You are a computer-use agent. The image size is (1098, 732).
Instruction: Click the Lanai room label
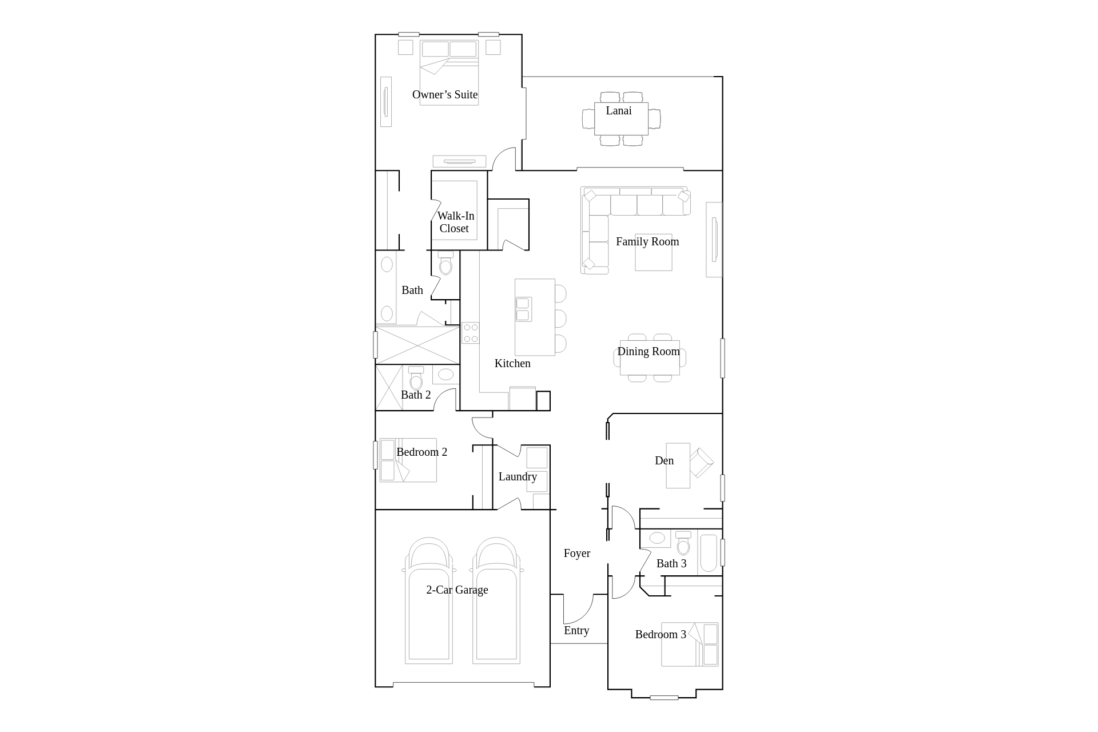pos(619,111)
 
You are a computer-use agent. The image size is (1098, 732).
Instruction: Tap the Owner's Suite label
pos(445,95)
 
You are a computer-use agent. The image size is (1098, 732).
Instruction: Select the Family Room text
pos(647,242)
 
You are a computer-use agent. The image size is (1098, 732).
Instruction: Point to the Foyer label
pos(576,554)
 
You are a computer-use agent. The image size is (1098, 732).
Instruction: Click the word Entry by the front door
pos(576,631)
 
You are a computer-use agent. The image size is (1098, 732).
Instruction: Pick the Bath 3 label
pos(671,564)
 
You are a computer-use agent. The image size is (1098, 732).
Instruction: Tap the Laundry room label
pos(518,477)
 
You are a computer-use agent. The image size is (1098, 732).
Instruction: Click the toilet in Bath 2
pos(416,378)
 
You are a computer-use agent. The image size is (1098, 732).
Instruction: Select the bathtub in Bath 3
pos(709,553)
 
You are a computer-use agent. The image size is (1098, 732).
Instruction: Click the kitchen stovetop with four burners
pos(471,333)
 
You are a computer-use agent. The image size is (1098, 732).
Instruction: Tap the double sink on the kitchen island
pos(523,309)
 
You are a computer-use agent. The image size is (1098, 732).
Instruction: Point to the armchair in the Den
pos(701,462)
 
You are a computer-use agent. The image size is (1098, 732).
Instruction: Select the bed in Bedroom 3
pos(690,645)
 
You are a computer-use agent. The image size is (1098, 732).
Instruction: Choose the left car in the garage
pos(429,600)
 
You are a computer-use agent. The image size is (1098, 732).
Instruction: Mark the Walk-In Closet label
pos(455,222)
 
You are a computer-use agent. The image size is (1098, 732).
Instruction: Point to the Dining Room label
pos(649,352)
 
